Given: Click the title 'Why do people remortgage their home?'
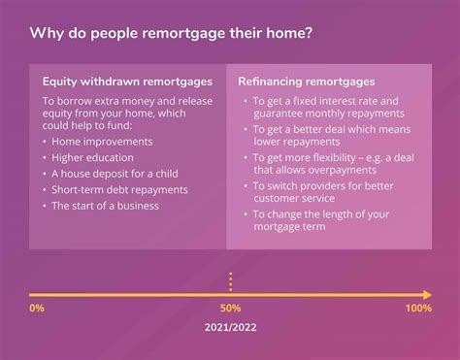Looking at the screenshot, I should point(171,34).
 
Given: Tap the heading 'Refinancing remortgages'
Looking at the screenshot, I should point(306,82).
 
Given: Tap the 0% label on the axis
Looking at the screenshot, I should point(37,308).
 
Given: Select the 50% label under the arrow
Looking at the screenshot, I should point(230,308).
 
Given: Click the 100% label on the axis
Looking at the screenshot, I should point(418,308).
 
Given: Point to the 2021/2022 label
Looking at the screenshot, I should point(230,328).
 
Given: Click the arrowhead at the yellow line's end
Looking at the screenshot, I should point(427,293).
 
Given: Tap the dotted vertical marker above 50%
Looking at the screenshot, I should point(230,281).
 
